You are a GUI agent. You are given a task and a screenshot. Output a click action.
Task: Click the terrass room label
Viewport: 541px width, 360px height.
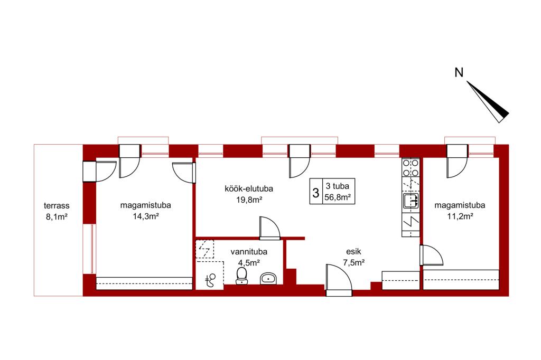[57, 206]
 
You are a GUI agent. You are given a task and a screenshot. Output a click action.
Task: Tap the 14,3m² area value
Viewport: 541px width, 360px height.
[146, 216]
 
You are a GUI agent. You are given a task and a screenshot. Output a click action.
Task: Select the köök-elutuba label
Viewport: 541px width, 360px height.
[249, 188]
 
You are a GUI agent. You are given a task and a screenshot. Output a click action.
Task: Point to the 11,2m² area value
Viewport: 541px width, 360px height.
[460, 216]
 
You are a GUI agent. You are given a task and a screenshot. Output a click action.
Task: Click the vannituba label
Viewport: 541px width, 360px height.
[249, 252]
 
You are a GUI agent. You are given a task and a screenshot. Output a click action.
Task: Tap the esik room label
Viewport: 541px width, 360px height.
[353, 252]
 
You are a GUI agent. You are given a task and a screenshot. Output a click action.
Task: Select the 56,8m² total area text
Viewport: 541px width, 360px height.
[338, 197]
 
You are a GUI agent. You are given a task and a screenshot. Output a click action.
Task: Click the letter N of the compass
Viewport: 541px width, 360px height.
[459, 73]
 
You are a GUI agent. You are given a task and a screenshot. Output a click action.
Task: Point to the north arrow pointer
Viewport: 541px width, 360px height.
[488, 102]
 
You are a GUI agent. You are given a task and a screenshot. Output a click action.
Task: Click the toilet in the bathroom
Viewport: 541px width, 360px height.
[241, 276]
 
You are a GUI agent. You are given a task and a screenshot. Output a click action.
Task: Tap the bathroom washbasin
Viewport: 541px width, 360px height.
[268, 278]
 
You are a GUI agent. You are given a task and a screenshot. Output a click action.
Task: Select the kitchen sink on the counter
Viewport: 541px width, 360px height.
[411, 201]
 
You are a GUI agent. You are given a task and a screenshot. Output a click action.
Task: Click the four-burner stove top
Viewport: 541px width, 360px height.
[411, 167]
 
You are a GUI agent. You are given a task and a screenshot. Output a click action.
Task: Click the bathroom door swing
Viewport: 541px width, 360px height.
[270, 228]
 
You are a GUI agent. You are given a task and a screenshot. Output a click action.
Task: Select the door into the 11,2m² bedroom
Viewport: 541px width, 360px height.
[431, 255]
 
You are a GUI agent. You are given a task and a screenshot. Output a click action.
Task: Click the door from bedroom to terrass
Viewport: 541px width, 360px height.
[100, 172]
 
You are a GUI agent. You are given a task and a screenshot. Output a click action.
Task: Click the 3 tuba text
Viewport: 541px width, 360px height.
[338, 186]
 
